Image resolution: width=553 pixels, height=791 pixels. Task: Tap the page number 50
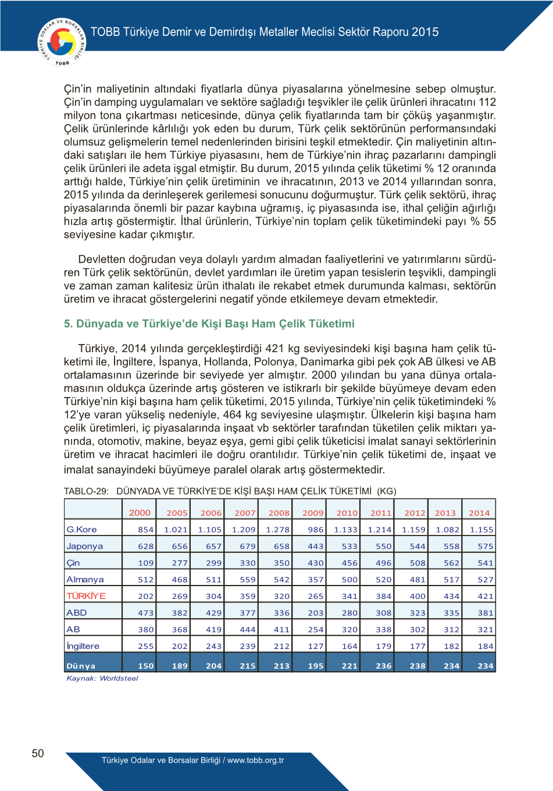[38, 753]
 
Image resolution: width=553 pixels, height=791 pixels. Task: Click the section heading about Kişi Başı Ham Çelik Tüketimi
[209, 324]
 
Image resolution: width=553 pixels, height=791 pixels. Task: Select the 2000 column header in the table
[140, 513]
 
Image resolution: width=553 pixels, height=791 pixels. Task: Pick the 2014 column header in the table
[479, 513]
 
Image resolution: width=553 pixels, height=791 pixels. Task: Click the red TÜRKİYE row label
[86, 596]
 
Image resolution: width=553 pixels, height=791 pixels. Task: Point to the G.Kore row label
[81, 530]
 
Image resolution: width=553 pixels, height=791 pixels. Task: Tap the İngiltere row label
[83, 646]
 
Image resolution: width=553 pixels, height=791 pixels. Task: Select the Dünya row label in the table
[81, 666]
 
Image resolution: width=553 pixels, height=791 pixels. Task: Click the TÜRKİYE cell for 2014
[486, 597]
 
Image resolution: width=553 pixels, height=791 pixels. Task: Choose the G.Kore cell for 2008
[277, 530]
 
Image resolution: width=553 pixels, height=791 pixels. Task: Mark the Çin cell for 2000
[146, 563]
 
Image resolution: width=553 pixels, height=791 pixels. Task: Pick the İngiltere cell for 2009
[316, 646]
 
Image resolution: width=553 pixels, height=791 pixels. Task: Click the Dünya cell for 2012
[418, 666]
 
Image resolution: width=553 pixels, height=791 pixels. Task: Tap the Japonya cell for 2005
[180, 547]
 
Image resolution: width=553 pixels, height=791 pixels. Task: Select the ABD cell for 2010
[349, 613]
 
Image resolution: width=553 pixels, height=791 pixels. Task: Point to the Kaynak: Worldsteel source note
[102, 679]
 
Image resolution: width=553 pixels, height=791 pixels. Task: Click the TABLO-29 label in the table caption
[86, 491]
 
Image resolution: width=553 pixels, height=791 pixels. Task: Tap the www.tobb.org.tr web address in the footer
[255, 760]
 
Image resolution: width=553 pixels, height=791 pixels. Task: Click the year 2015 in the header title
[425, 32]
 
